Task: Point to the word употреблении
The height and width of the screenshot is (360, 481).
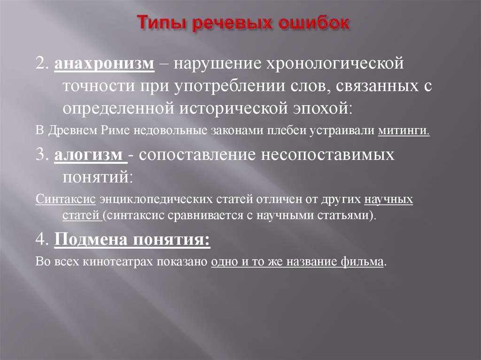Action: pyautogui.click(x=222, y=86)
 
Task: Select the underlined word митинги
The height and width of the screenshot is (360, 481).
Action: pyautogui.click(x=403, y=131)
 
